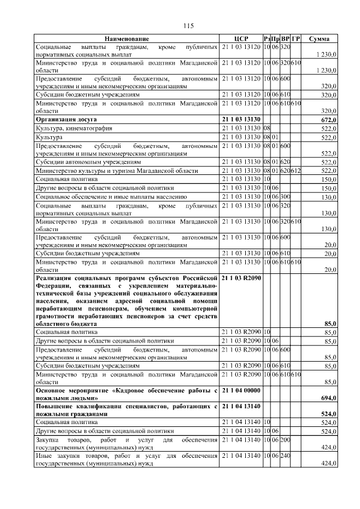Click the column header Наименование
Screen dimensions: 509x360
[127, 38]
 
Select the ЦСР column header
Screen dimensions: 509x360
[241, 38]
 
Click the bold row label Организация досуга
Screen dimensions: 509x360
[66, 120]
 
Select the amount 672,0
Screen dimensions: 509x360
[328, 120]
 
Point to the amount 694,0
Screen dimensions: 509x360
[328, 398]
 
